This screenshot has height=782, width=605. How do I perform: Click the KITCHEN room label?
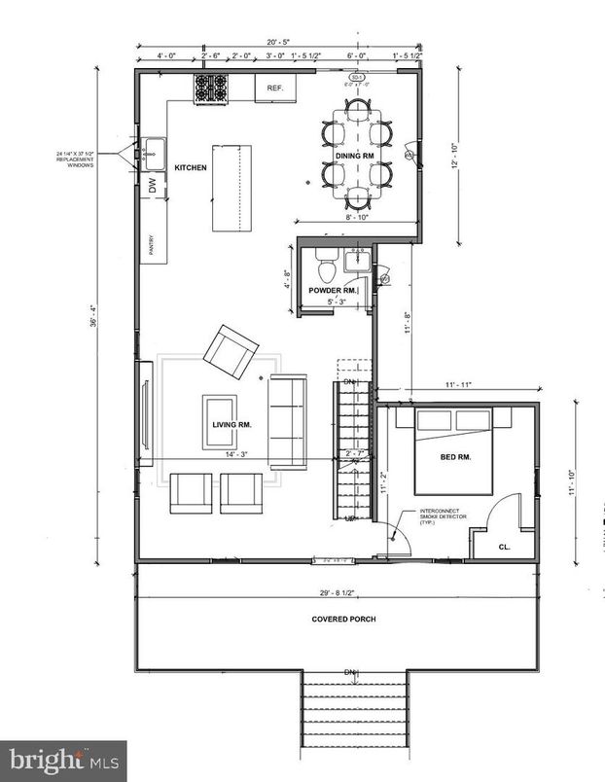[x=191, y=168]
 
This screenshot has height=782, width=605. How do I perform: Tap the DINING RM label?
[x=355, y=156]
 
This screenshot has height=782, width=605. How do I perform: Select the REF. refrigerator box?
[x=274, y=88]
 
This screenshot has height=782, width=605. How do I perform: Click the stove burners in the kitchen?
[x=210, y=89]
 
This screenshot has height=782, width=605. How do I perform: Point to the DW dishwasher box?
[x=152, y=185]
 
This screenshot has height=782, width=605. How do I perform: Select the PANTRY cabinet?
[x=152, y=247]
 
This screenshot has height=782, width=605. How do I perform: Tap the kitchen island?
[x=231, y=188]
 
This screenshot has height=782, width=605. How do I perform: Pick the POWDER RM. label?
[x=333, y=291]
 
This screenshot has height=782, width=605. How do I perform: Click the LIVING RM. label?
[x=232, y=425]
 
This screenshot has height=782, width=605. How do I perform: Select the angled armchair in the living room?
[x=231, y=351]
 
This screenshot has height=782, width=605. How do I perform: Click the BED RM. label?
[x=455, y=456]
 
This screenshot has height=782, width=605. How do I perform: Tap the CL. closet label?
[x=505, y=548]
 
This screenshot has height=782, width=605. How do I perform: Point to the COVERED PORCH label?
[x=343, y=620]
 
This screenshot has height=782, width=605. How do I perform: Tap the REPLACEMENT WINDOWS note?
[x=77, y=160]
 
